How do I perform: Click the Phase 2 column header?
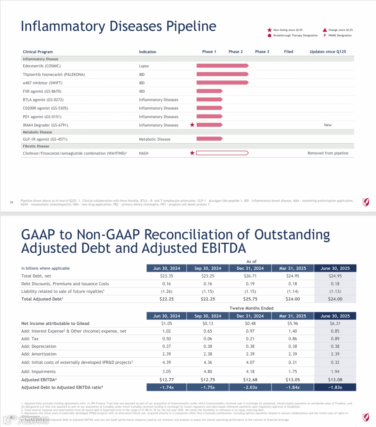click(235, 52)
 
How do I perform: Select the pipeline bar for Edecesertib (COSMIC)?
click(222, 66)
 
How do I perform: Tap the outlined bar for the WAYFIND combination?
click(222, 153)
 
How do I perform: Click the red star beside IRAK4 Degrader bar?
click(192, 125)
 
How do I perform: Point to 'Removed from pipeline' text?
click(328, 153)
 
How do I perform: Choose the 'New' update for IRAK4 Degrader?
click(328, 125)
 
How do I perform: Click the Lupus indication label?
click(144, 66)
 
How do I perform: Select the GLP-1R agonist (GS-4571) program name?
click(45, 139)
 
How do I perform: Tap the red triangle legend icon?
click(325, 30)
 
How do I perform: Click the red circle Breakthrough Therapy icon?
click(269, 35)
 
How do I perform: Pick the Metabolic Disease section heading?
click(37, 132)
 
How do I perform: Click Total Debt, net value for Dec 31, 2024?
click(250, 276)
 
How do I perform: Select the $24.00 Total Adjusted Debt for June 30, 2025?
click(335, 299)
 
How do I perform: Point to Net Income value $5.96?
click(292, 323)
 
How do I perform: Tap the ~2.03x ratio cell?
click(250, 387)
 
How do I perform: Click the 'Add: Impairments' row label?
click(38, 372)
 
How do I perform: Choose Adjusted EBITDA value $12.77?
click(166, 380)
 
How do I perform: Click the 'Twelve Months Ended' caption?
click(251, 308)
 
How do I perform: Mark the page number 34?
click(11, 202)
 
